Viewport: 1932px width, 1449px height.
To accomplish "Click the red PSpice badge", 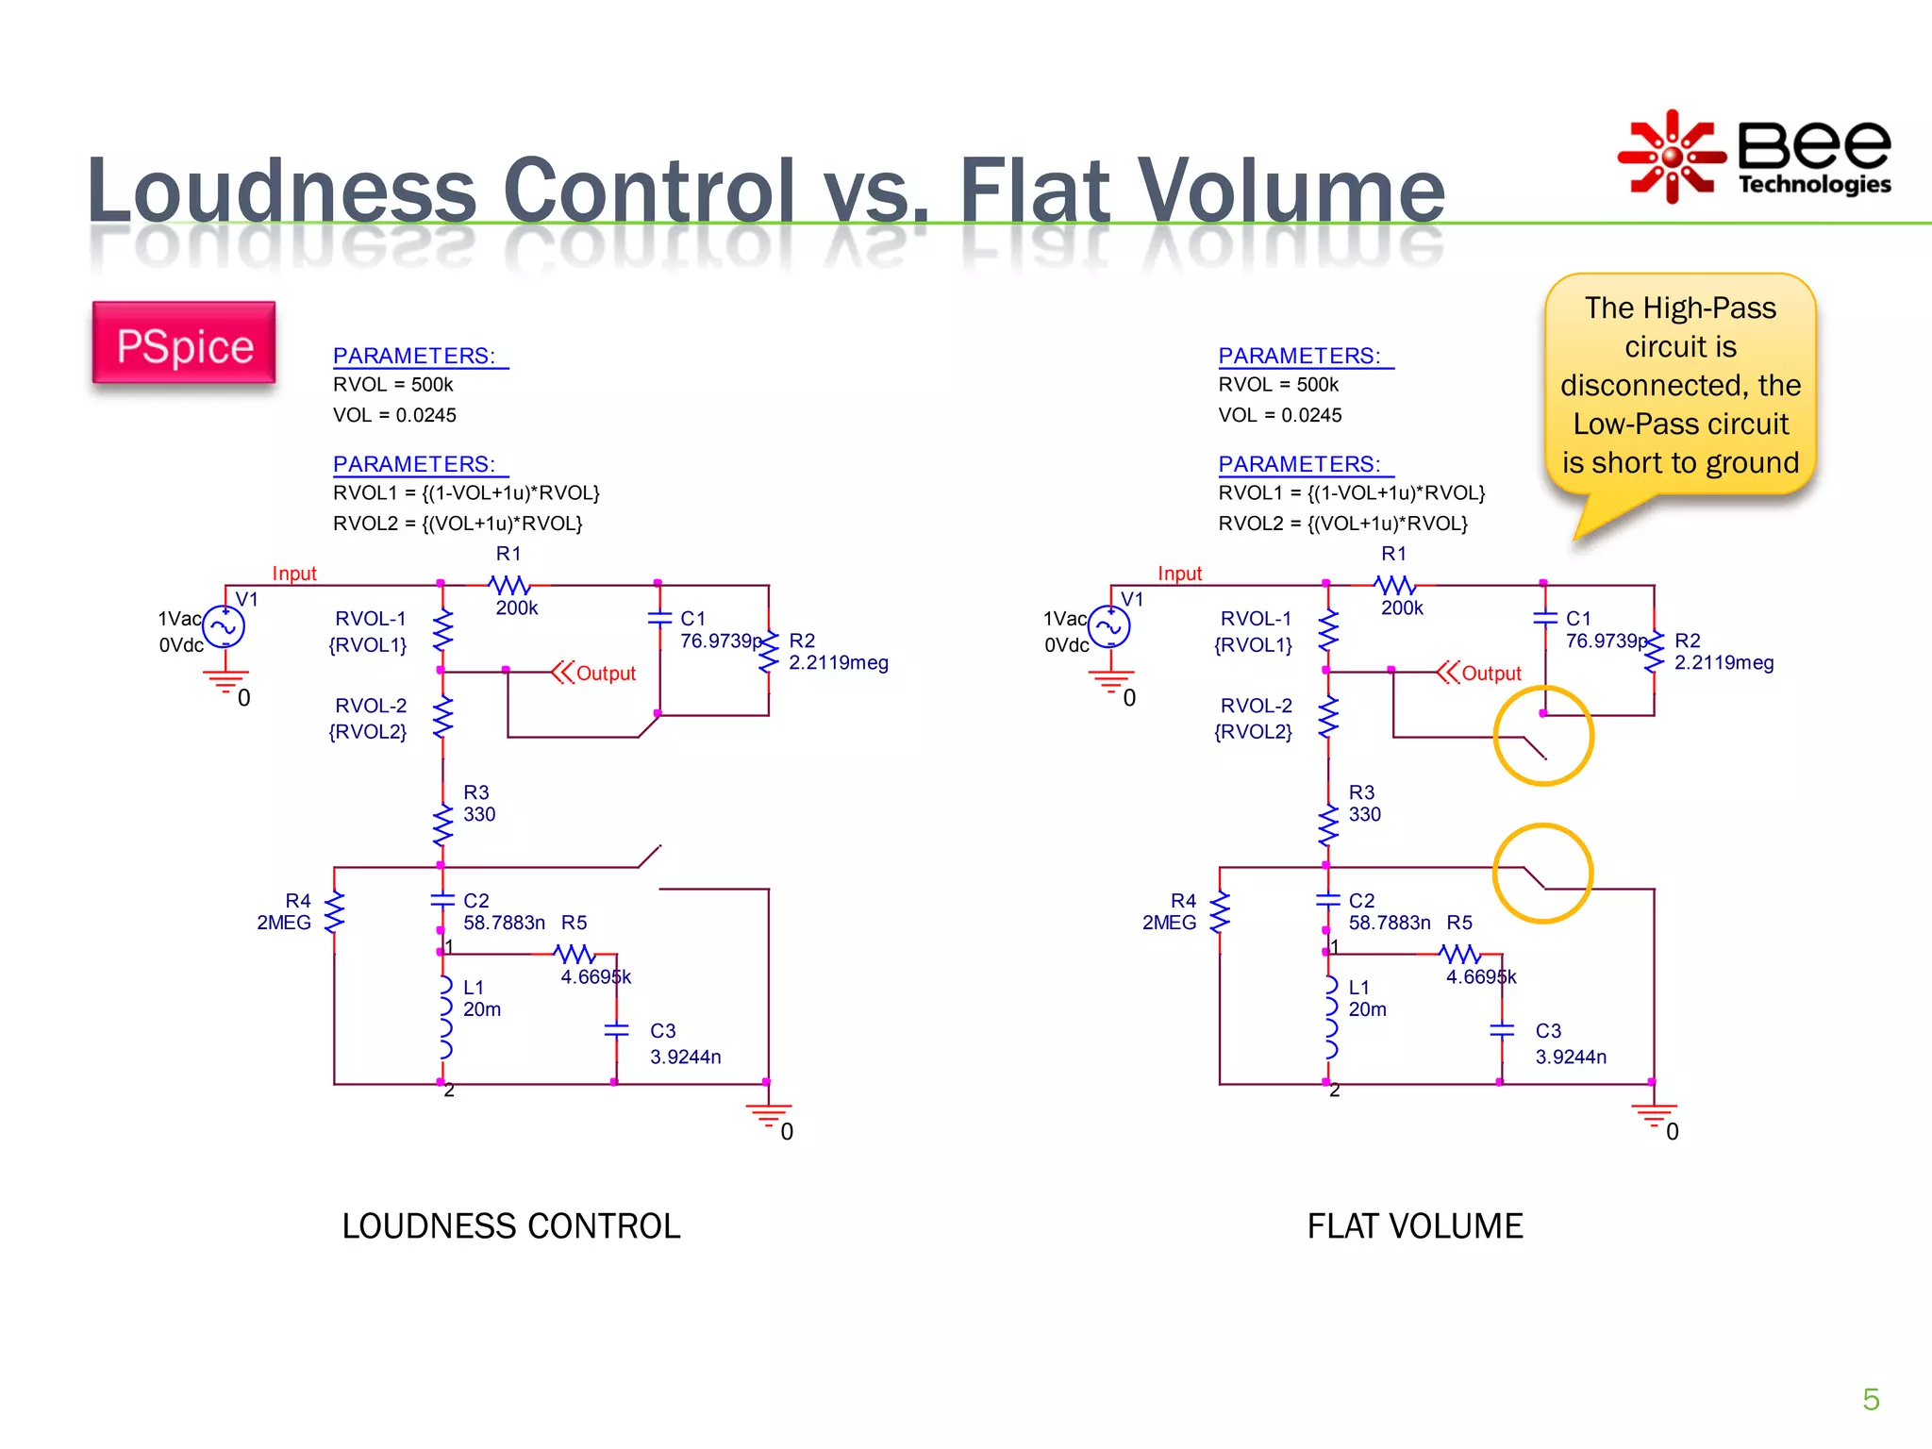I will click(x=184, y=344).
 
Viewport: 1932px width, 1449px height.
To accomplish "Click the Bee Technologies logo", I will click(x=1755, y=157).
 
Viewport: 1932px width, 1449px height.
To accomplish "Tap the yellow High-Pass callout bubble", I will click(x=1680, y=385).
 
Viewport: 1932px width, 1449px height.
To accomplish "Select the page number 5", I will click(x=1871, y=1399).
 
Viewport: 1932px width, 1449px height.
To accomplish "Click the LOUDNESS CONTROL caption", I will click(x=510, y=1226).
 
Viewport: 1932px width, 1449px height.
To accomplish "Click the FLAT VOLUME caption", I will click(x=1414, y=1226).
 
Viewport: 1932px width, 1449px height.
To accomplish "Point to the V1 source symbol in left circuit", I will click(x=224, y=626).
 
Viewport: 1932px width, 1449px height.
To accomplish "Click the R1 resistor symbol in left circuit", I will click(x=509, y=585).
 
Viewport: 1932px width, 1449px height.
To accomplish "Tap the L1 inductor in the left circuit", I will click(x=444, y=1017).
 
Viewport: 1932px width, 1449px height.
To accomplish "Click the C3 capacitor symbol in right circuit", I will click(x=1501, y=1030).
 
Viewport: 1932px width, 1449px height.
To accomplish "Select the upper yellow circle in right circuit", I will click(x=1543, y=736).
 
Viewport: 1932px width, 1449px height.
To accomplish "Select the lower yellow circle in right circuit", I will click(x=1543, y=873).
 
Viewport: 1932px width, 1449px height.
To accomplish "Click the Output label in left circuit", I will click(x=606, y=674).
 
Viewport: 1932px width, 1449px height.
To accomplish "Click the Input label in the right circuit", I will click(x=1179, y=574).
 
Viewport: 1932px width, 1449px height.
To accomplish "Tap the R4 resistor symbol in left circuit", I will click(x=334, y=912).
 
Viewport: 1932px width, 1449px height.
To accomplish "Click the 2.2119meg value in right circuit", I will click(x=1724, y=662).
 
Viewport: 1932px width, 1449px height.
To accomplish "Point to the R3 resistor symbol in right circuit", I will click(x=1328, y=825).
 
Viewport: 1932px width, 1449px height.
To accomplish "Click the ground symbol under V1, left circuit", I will click(x=225, y=680).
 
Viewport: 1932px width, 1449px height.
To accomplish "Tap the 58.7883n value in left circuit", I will click(x=504, y=923).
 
